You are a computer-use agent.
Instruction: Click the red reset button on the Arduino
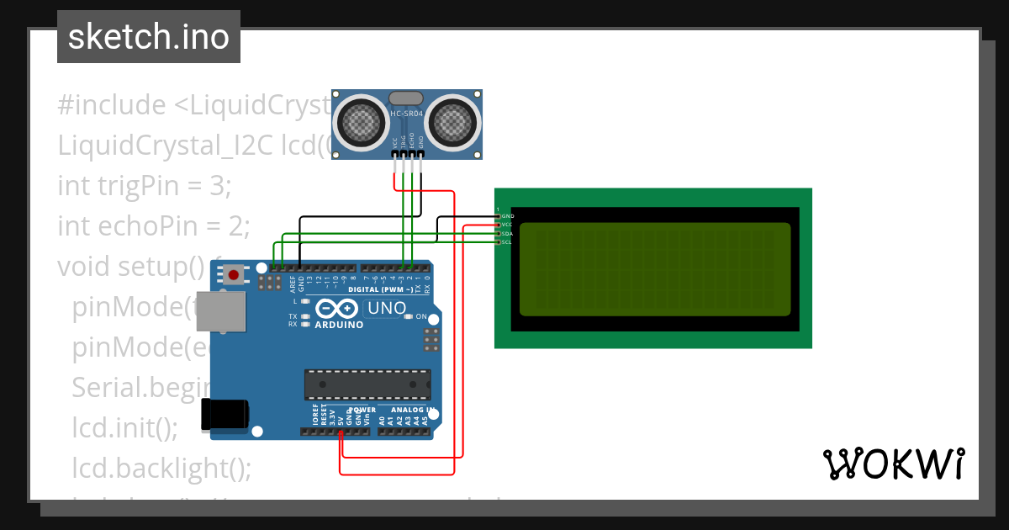point(233,275)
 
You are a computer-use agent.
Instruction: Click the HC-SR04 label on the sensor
point(407,114)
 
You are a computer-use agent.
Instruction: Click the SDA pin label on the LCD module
point(507,234)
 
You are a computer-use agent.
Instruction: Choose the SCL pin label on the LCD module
point(507,242)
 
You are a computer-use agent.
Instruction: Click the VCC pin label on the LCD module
point(507,225)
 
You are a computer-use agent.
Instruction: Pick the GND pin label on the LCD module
point(507,216)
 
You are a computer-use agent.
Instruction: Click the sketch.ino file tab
point(149,37)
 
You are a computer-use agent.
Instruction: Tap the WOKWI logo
point(893,464)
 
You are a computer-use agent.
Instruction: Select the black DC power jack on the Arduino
point(225,415)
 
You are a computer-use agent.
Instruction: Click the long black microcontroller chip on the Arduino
point(367,384)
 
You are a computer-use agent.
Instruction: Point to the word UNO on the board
point(388,309)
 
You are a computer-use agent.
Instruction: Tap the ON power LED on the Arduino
point(409,317)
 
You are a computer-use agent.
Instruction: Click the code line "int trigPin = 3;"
point(143,185)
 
